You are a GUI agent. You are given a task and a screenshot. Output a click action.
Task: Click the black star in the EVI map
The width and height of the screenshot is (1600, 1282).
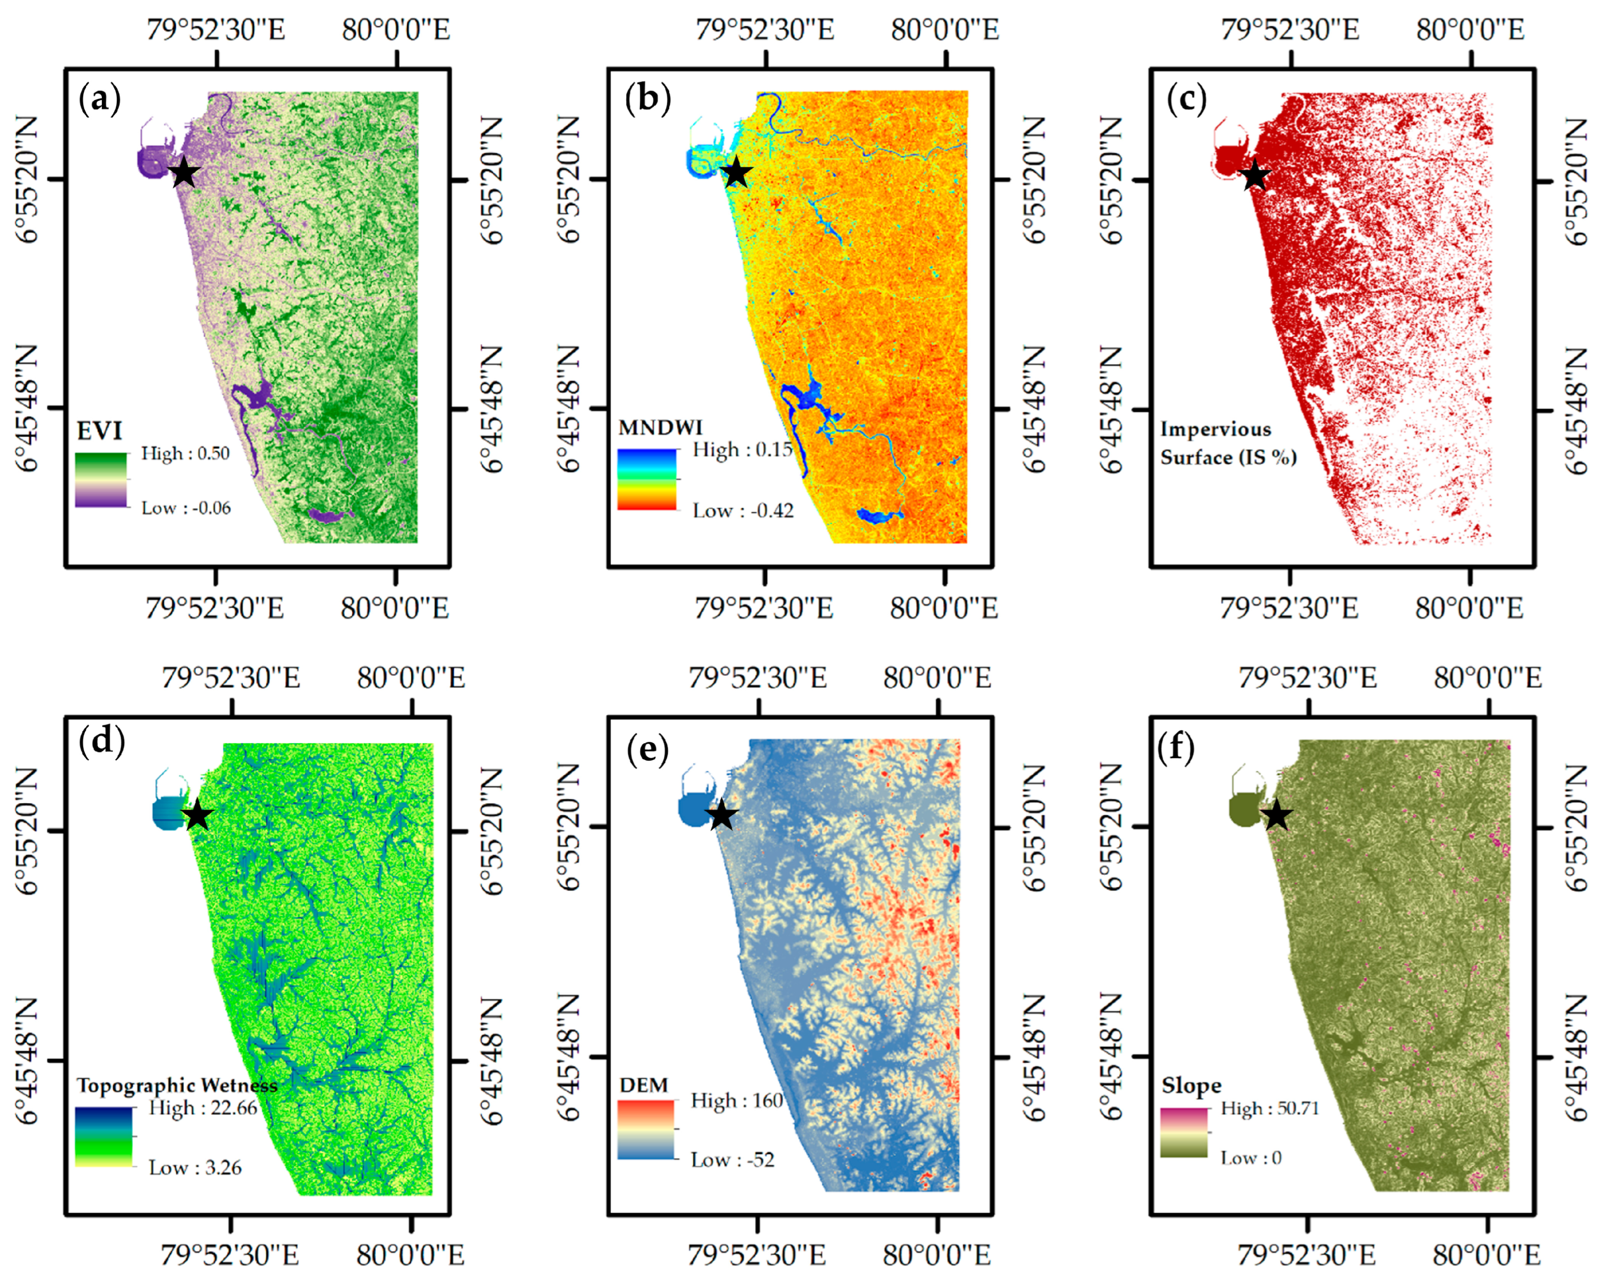tap(184, 173)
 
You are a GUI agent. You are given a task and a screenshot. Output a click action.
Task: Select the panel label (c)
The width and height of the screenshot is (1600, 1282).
tap(1186, 99)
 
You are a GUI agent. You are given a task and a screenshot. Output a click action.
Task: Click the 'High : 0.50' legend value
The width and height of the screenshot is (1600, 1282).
tap(185, 453)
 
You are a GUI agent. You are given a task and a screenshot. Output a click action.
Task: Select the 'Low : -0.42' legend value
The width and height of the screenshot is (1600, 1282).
tap(743, 510)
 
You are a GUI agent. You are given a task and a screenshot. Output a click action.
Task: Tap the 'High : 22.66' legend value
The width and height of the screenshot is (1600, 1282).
tap(202, 1107)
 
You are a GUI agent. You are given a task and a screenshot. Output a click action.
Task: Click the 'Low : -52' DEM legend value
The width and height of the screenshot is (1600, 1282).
tap(732, 1160)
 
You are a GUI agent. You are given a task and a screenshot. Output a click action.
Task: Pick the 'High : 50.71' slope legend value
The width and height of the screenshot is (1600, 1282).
tap(1270, 1108)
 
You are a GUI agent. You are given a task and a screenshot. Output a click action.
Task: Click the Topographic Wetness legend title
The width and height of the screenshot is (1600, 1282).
tap(177, 1085)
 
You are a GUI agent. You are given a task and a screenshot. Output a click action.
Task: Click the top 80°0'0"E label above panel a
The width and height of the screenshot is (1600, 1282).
tap(395, 30)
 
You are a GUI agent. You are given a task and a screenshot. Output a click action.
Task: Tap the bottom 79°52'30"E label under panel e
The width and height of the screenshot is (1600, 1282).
tap(756, 1255)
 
